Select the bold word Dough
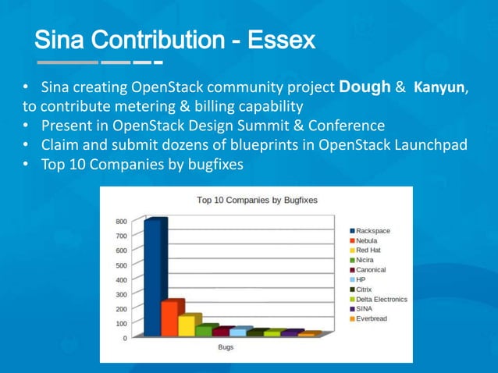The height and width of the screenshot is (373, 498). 365,87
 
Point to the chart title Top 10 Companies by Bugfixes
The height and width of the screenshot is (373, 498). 257,201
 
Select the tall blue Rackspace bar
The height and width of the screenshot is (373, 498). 155,277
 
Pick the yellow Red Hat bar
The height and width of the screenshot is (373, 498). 188,325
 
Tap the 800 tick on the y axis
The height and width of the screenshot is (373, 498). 122,222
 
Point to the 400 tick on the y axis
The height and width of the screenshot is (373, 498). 122,279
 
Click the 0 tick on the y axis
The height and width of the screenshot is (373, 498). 125,338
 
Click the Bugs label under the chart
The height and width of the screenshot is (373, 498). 225,347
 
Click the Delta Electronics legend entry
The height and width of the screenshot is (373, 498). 382,299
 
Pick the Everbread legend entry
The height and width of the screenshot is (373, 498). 372,318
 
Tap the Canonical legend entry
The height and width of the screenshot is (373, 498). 371,270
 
